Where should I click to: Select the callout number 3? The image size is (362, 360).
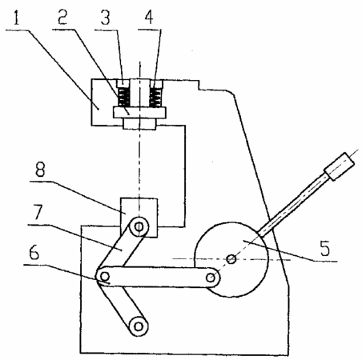[105, 18]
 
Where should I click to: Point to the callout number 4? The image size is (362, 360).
[149, 18]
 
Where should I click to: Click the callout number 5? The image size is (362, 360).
[325, 248]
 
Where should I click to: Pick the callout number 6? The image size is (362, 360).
[34, 252]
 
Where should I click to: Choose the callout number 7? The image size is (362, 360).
[38, 212]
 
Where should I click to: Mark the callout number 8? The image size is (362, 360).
[40, 170]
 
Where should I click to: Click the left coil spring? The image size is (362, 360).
[124, 98]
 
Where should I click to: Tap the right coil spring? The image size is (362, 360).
[155, 98]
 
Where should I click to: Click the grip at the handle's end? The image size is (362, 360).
[340, 166]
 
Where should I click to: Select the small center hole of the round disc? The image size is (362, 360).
[231, 258]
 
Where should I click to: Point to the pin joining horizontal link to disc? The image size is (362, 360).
[211, 278]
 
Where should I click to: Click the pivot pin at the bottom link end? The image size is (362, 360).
[139, 326]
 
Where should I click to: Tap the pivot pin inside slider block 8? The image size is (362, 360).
[139, 227]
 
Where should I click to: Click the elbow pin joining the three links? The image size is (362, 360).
[105, 275]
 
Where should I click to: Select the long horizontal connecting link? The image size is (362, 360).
[158, 277]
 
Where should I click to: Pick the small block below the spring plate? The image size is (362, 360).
[139, 124]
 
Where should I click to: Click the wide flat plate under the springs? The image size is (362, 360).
[139, 113]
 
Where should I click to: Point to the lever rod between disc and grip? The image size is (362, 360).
[293, 205]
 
